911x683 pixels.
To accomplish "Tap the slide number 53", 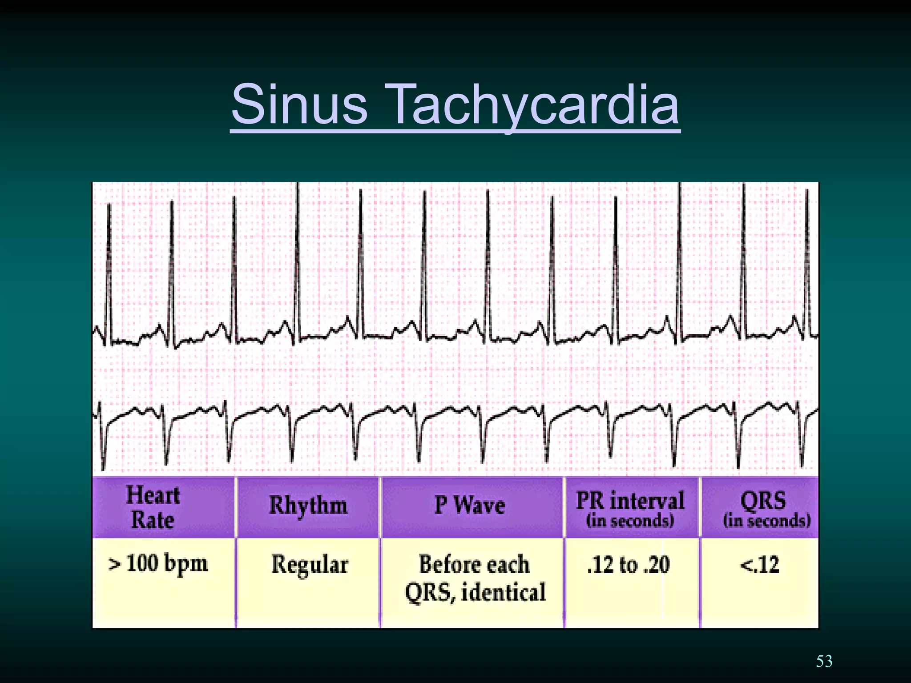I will coord(824,661).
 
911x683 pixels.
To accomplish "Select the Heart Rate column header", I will coord(153,507).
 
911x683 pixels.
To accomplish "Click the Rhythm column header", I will coord(308,506).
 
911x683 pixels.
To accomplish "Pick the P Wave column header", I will coord(470,506).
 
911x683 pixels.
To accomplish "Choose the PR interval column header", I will coord(630,501).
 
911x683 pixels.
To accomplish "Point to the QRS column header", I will coord(763,501).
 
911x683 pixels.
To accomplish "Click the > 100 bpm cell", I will coord(158,564).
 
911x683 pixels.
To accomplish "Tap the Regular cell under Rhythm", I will coord(310,565).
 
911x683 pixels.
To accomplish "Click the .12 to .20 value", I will coord(628,565).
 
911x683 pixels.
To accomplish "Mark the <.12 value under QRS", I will coord(760,565).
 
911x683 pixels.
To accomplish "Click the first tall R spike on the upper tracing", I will coord(109,267).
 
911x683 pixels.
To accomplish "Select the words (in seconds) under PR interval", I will coord(630,521).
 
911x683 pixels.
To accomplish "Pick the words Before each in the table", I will coord(474,565).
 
